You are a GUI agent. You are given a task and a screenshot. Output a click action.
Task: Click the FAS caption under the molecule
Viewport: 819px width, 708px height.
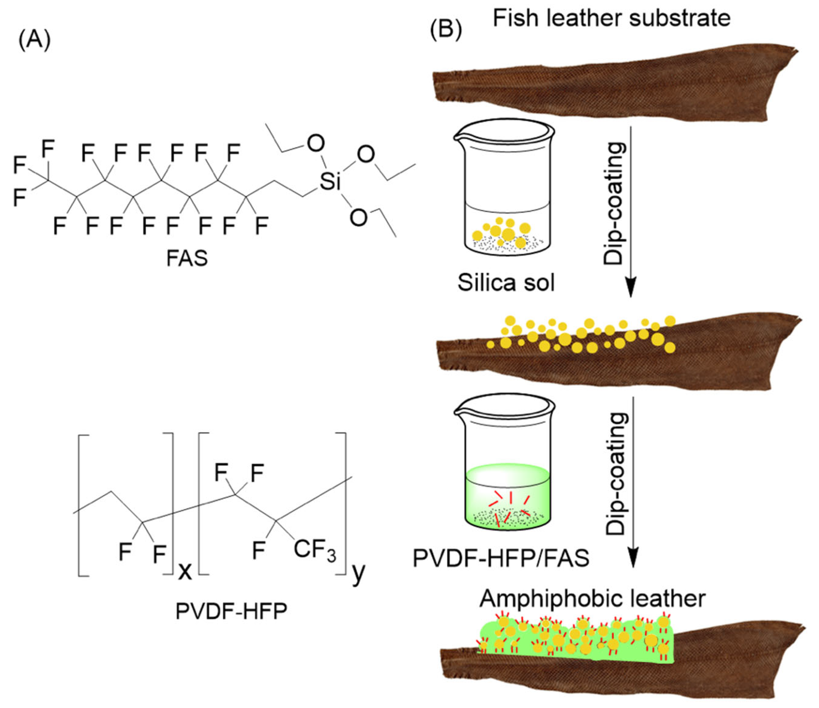click(187, 259)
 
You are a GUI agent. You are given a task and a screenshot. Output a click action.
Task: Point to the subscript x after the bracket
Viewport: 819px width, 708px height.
click(184, 571)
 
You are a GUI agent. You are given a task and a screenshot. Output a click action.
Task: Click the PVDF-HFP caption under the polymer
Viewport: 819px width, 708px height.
click(231, 612)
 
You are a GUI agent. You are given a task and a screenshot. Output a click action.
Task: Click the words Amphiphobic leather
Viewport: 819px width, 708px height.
click(592, 599)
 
